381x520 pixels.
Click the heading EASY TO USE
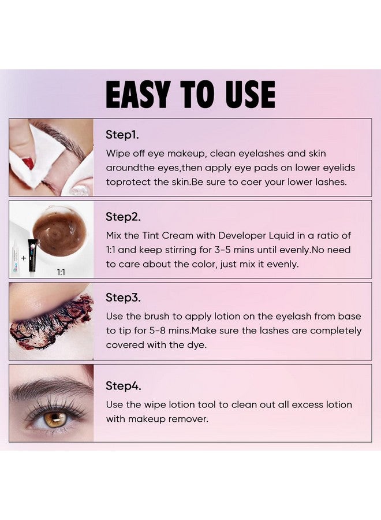click(x=190, y=94)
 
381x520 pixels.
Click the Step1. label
click(x=122, y=135)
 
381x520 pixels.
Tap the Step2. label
click(x=123, y=217)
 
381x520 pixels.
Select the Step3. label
click(x=123, y=298)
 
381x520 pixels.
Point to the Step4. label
click(x=123, y=385)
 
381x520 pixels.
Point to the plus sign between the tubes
click(x=24, y=257)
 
